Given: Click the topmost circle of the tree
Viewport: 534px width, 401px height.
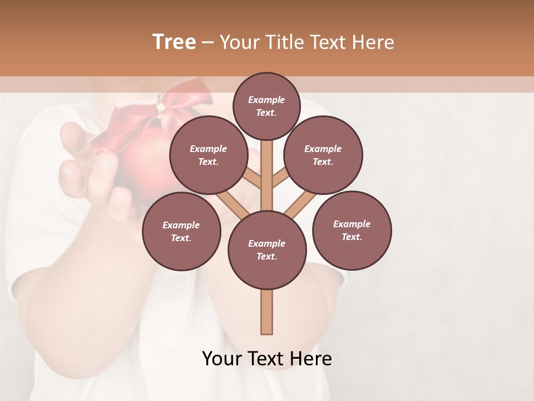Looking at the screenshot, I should tap(266, 106).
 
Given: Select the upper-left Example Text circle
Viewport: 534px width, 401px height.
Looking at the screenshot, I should tap(208, 155).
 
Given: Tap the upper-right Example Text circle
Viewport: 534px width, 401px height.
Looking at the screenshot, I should tap(323, 155).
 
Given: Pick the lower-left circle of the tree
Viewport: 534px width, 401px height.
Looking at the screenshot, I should tap(181, 231).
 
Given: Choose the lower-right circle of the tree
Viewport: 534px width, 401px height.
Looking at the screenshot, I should tap(352, 230).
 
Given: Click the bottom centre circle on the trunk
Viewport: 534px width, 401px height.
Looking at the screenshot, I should tap(267, 250).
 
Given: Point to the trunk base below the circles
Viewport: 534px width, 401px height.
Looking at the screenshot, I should tap(267, 312).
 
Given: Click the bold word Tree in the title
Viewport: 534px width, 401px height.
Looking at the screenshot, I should tap(174, 42).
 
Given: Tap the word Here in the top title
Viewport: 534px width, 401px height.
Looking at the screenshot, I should tap(373, 42).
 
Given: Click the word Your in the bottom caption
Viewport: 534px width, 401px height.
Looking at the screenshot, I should tap(222, 359).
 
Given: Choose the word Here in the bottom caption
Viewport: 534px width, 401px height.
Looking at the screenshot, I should tap(311, 359).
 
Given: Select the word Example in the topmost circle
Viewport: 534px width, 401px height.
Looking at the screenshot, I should tap(266, 100).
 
